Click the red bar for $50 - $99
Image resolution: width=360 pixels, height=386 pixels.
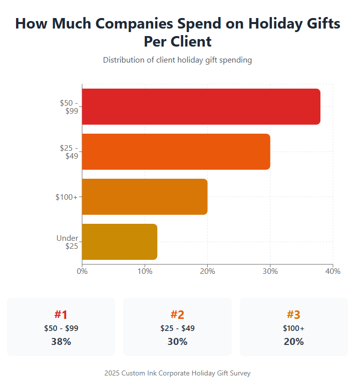(x=201, y=107)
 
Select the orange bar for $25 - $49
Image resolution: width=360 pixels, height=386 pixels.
(x=176, y=152)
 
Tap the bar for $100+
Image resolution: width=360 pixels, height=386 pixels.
(x=145, y=197)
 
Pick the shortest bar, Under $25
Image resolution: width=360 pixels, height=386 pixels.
(x=120, y=242)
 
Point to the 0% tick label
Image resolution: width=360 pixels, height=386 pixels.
(x=82, y=271)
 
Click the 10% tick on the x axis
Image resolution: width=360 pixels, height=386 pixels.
(x=145, y=271)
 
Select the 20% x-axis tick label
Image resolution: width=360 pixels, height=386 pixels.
(x=208, y=271)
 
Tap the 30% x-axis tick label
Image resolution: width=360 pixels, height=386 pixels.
(x=270, y=271)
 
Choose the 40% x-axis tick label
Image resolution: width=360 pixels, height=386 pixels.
(x=333, y=271)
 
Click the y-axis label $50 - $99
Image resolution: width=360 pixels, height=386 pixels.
(x=69, y=107)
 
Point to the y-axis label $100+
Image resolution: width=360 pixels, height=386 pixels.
(x=66, y=197)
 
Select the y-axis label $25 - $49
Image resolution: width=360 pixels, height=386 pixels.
(x=69, y=152)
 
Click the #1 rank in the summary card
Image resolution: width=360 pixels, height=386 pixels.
(x=61, y=315)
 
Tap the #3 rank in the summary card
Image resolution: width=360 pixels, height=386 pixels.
(x=293, y=315)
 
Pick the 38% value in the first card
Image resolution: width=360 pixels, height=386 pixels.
(x=61, y=342)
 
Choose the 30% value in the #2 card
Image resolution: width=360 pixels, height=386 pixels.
(x=177, y=342)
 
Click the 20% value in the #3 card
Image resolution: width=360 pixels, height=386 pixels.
(x=293, y=342)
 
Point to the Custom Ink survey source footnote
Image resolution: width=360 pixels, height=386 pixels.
(x=177, y=373)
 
